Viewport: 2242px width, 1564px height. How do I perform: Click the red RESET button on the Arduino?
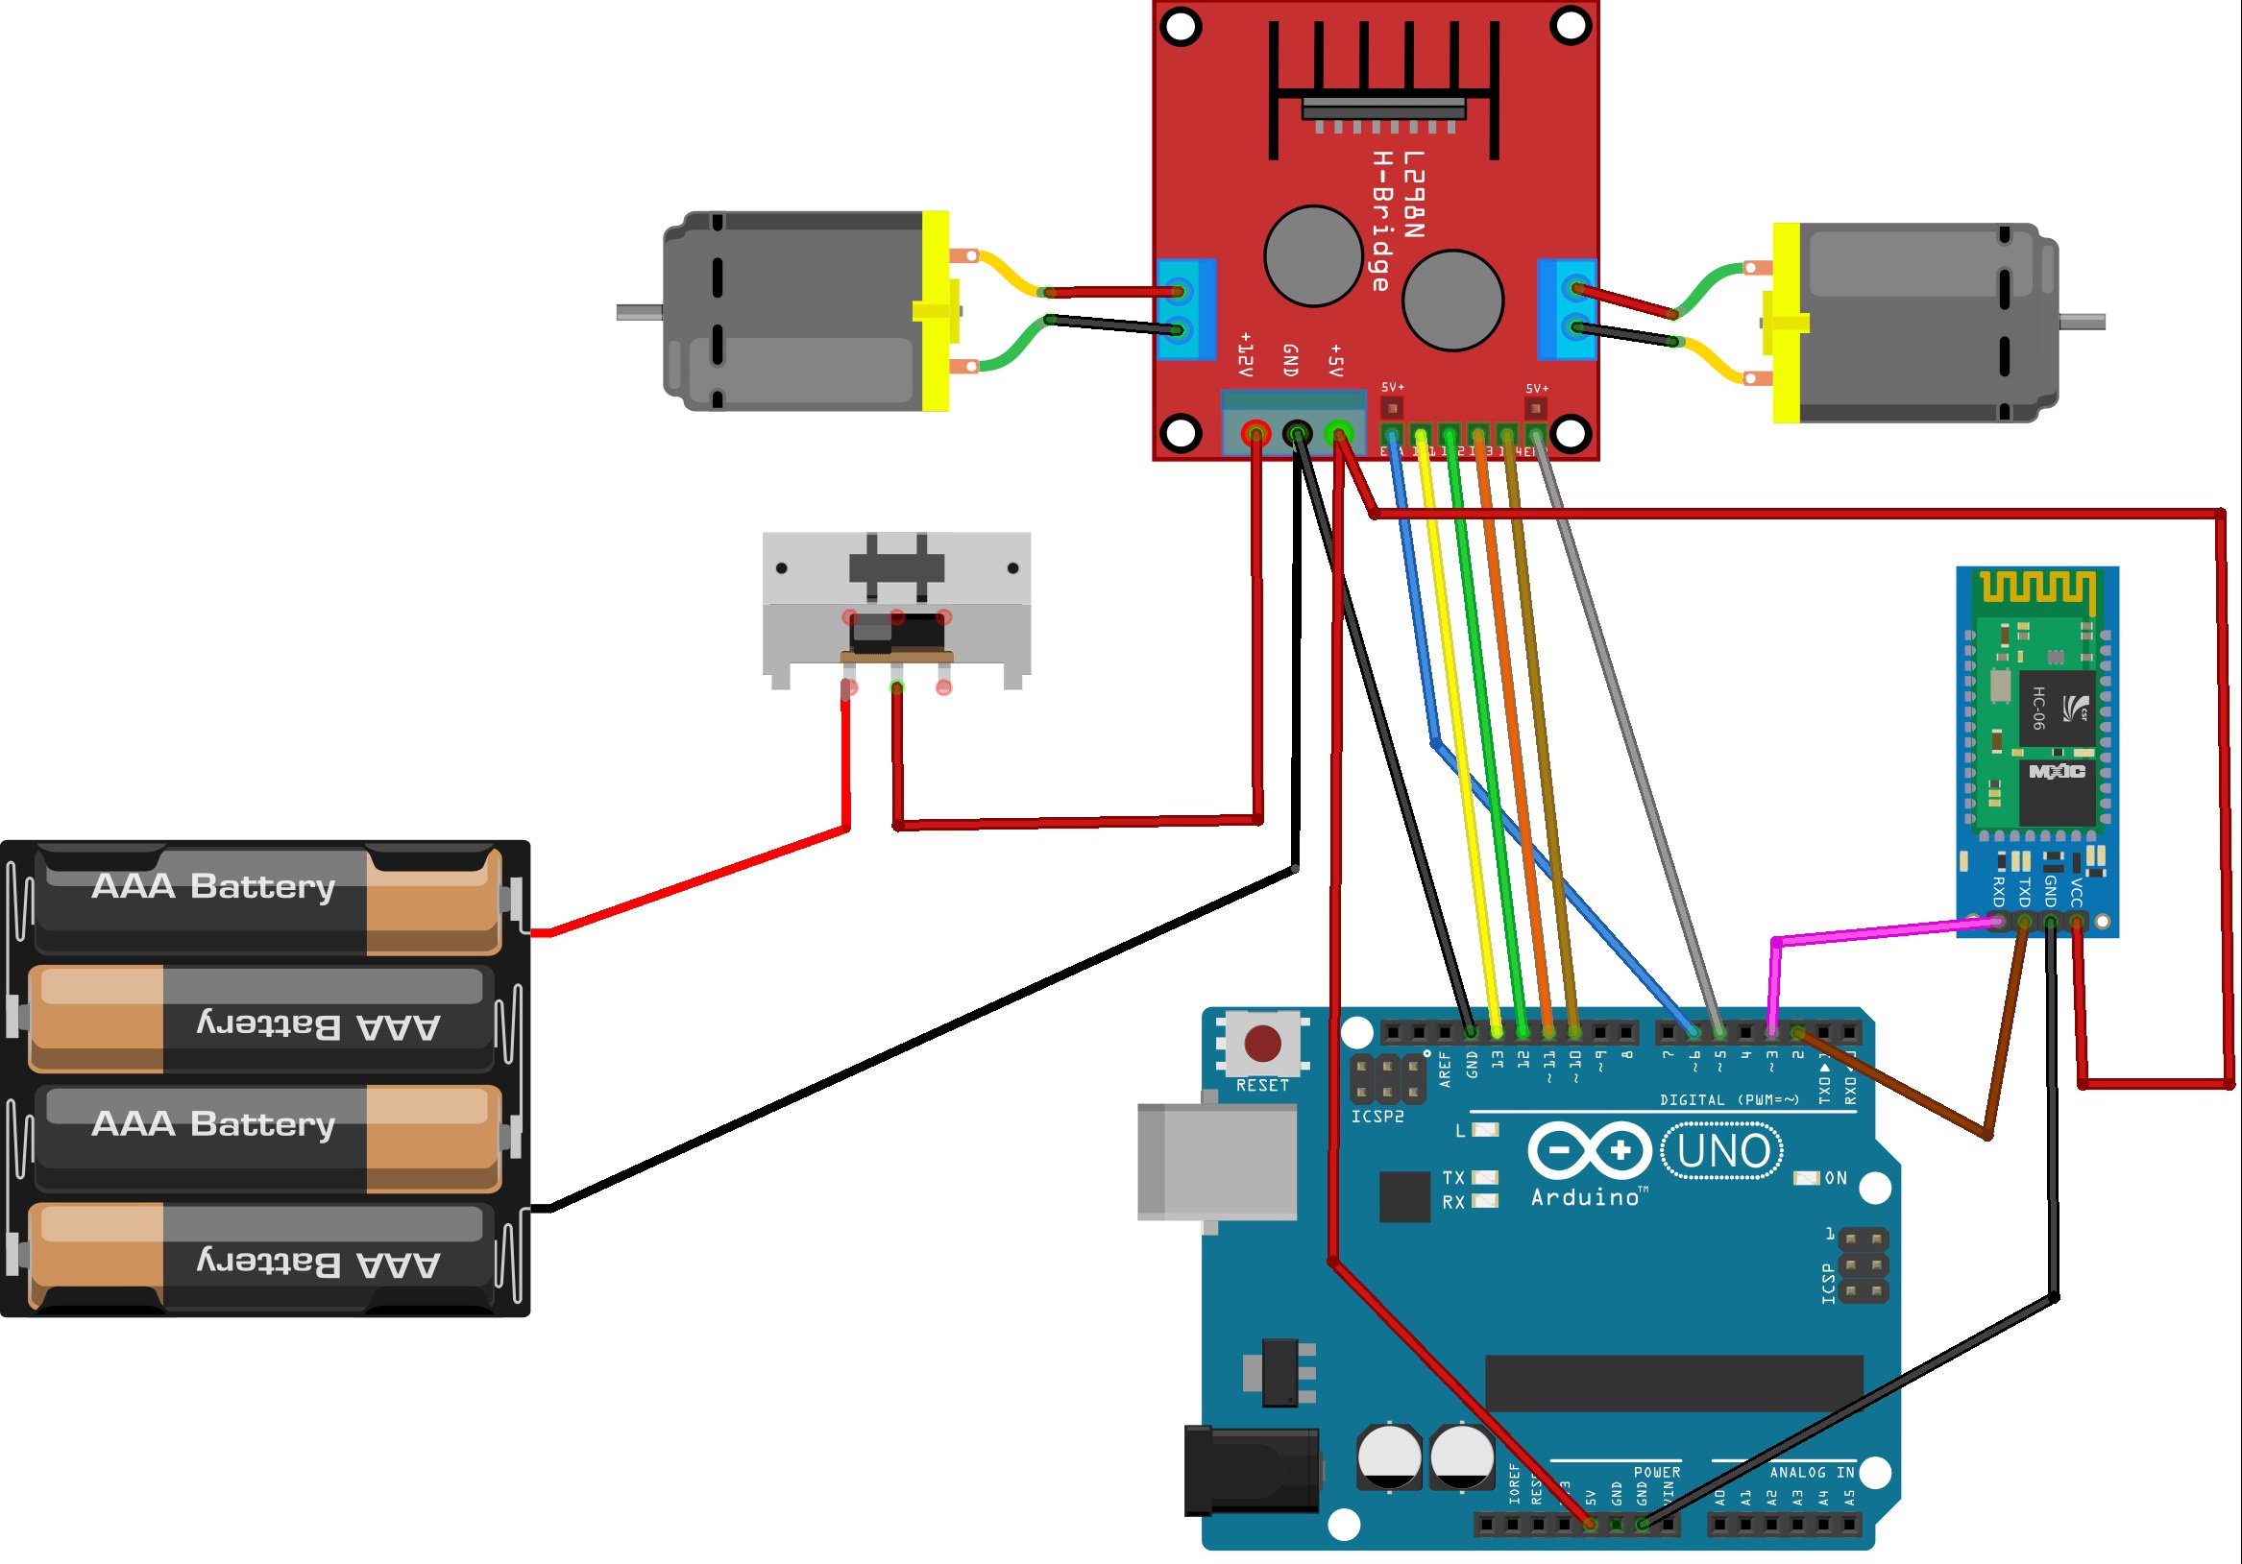(x=1262, y=1044)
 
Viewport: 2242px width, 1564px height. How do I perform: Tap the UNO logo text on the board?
(x=1722, y=1151)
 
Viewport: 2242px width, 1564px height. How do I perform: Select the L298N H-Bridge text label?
(x=1398, y=220)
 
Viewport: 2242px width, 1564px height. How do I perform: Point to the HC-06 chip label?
(x=2039, y=708)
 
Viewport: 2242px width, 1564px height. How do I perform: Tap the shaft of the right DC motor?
(x=2082, y=322)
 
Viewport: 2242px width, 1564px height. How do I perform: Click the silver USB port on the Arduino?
(x=1217, y=1162)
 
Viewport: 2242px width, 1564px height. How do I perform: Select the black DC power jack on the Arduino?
(x=1251, y=1470)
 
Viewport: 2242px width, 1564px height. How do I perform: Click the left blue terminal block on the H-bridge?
(x=1185, y=309)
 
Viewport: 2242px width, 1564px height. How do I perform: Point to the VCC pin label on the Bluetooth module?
(x=2077, y=892)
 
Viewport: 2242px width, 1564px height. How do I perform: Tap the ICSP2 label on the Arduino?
(x=1377, y=1116)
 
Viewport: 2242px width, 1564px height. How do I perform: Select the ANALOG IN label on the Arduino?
(x=1812, y=1472)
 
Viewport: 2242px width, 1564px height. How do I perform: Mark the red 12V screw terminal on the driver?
(x=1255, y=431)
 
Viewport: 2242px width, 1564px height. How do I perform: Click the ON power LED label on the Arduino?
(x=1836, y=1178)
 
